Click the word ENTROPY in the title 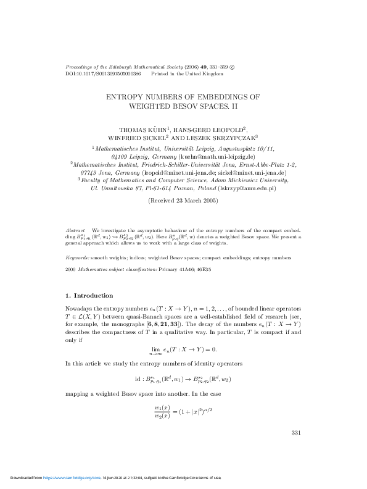coord(127,97)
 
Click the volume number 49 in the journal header coord(186,65)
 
